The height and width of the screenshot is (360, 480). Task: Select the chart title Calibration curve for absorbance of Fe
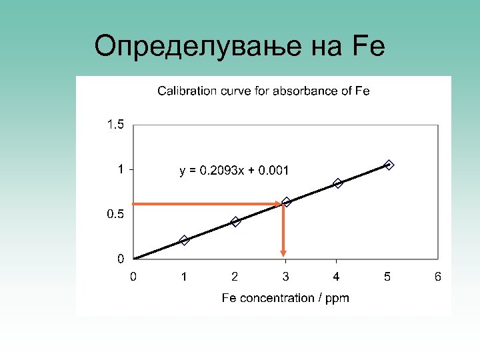coord(263,91)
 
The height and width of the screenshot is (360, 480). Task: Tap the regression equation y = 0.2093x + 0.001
coord(234,171)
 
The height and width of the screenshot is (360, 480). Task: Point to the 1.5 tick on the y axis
coord(115,125)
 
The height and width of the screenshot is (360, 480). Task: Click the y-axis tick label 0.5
coord(115,215)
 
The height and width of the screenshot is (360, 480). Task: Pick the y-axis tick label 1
coord(120,169)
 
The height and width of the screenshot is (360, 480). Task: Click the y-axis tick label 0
coord(120,258)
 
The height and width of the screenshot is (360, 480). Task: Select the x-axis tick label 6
coord(438,276)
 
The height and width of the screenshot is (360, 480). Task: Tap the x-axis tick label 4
coord(337,276)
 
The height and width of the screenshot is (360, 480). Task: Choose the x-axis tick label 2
coord(235,276)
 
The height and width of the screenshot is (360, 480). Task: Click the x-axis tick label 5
coord(387,276)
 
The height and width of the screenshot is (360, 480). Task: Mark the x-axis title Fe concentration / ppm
coord(285,298)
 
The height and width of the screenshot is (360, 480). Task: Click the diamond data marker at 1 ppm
coord(185,240)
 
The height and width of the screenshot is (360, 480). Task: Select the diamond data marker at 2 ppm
coord(235,221)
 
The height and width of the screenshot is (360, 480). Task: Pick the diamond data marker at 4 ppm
coord(337,183)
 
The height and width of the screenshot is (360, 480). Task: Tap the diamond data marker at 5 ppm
coord(389,165)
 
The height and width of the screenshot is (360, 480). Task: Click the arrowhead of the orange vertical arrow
coord(283,253)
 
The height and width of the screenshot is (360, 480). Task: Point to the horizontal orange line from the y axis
coord(207,203)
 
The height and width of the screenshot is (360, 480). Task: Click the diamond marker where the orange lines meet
coord(287,202)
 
